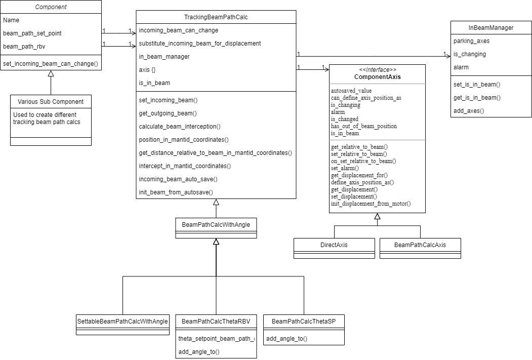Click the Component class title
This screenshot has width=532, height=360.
pos(51,7)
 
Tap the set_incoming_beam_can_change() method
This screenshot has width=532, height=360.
pos(51,64)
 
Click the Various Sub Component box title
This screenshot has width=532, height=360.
pos(51,101)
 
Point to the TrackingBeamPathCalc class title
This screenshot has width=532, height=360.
pos(216,17)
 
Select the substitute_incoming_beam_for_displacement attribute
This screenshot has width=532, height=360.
pos(200,44)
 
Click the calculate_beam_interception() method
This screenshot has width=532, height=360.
pos(180,127)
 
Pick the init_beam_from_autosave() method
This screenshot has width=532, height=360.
pos(176,192)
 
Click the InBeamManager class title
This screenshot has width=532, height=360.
pos(491,28)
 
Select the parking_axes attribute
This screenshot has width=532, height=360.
pos(471,41)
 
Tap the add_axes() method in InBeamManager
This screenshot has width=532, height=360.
pos(468,111)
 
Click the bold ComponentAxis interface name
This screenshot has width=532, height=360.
pos(377,77)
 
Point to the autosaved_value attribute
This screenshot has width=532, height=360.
pos(351,91)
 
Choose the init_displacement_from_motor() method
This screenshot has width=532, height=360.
pos(371,204)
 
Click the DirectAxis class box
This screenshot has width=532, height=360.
pos(334,245)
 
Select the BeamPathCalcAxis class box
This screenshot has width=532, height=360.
pos(420,245)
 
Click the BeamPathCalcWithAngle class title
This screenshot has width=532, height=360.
pos(216,224)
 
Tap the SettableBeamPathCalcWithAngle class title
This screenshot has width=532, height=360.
pos(122,322)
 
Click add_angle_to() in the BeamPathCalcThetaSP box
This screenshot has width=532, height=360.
pos(287,338)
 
